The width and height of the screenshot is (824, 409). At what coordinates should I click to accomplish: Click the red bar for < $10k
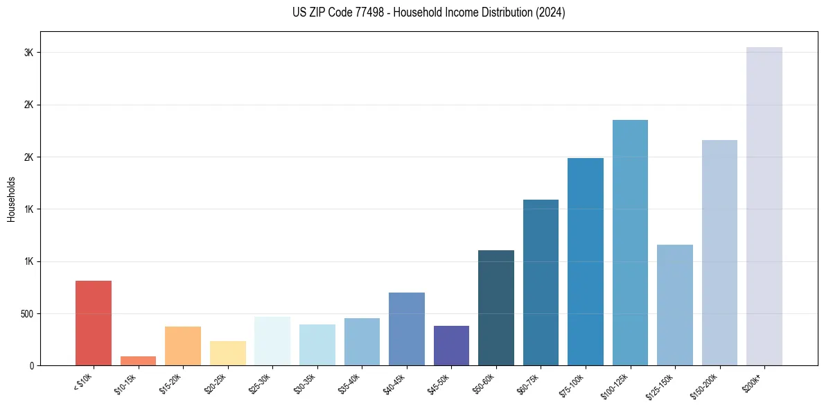(x=94, y=323)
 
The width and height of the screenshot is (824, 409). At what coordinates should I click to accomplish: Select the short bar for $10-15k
(x=138, y=360)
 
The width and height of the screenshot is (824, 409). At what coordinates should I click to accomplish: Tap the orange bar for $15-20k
(x=183, y=346)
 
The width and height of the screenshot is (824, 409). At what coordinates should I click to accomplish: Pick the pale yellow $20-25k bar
(x=228, y=353)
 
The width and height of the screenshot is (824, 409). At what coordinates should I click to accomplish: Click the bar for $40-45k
(x=407, y=329)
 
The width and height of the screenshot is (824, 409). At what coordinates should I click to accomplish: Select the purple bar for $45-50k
(x=451, y=345)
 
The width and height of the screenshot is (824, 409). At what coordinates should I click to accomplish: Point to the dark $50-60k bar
(x=496, y=308)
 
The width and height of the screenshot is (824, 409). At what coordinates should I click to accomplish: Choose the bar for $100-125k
(x=630, y=243)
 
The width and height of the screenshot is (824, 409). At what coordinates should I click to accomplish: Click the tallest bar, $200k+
(x=764, y=206)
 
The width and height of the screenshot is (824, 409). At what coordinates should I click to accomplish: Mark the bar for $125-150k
(x=675, y=305)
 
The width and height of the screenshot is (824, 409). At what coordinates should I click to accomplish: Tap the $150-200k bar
(x=719, y=252)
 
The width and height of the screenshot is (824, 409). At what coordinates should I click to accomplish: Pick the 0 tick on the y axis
(x=31, y=365)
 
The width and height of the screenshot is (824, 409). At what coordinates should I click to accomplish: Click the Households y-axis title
(x=12, y=198)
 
